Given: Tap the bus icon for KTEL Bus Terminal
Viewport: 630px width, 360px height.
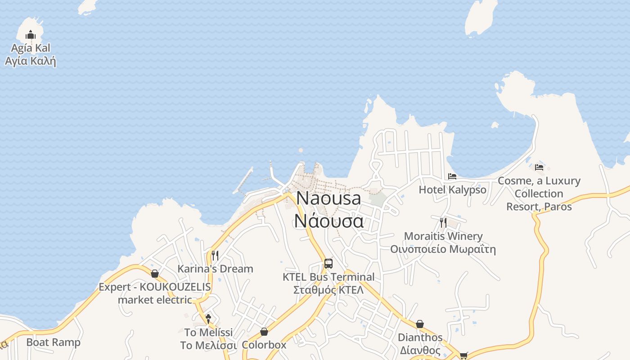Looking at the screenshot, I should tap(328, 263).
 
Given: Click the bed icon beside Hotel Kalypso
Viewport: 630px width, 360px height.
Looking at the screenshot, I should tap(452, 176).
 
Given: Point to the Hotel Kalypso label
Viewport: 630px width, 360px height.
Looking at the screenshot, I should tap(452, 189).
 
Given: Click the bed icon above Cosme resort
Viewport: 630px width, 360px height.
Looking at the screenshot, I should tap(539, 167).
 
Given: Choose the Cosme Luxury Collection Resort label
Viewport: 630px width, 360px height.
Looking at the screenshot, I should tap(539, 193).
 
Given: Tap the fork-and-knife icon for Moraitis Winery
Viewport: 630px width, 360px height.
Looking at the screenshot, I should tap(443, 222).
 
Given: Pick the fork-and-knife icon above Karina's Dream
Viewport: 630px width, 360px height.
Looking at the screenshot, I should tap(215, 256).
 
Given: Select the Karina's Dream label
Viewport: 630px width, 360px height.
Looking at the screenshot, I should tap(215, 269).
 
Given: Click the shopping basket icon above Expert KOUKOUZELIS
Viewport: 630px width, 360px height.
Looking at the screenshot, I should tap(155, 274).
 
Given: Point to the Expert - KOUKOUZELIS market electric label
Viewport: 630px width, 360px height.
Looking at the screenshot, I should tap(155, 293).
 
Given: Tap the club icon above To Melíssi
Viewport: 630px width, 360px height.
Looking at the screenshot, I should tap(208, 319).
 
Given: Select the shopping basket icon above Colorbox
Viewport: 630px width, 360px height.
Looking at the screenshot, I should tap(264, 332).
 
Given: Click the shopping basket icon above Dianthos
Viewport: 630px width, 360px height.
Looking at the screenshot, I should tap(420, 324).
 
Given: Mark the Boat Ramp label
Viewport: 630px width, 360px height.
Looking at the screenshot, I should tap(53, 342).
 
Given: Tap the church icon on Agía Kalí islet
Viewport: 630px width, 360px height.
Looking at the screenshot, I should tap(31, 35).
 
